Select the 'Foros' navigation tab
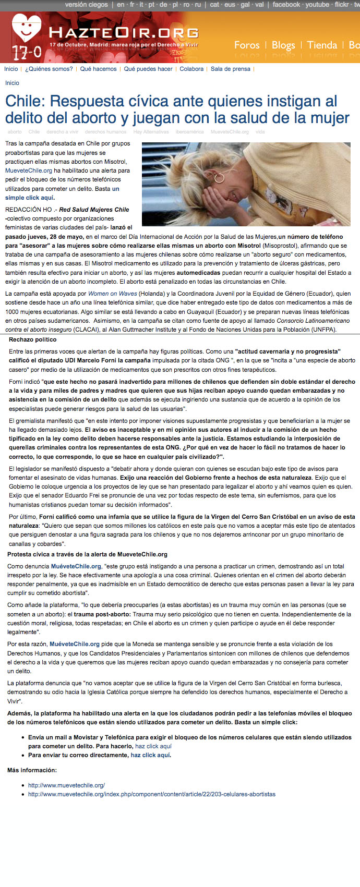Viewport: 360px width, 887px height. click(x=247, y=45)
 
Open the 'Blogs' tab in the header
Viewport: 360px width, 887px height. click(x=283, y=45)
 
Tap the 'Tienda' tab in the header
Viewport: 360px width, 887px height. click(x=322, y=45)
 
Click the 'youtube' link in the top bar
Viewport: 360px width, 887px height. click(x=317, y=5)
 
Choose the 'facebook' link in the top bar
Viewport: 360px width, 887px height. click(x=286, y=5)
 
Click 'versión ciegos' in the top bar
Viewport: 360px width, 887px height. click(x=86, y=5)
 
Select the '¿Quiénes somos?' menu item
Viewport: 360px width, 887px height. click(x=49, y=69)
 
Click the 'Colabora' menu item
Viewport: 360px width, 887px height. click(x=191, y=69)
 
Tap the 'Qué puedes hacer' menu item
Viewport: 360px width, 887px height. click(x=148, y=69)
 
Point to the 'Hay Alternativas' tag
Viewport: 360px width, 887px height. click(x=151, y=132)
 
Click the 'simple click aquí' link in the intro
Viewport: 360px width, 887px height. click(x=29, y=198)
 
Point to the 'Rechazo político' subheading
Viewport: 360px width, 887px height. click(x=32, y=339)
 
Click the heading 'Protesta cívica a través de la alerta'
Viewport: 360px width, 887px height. click(x=87, y=554)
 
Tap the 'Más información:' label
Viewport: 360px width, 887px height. click(x=32, y=770)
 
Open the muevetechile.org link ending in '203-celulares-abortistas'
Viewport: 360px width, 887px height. click(x=151, y=794)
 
